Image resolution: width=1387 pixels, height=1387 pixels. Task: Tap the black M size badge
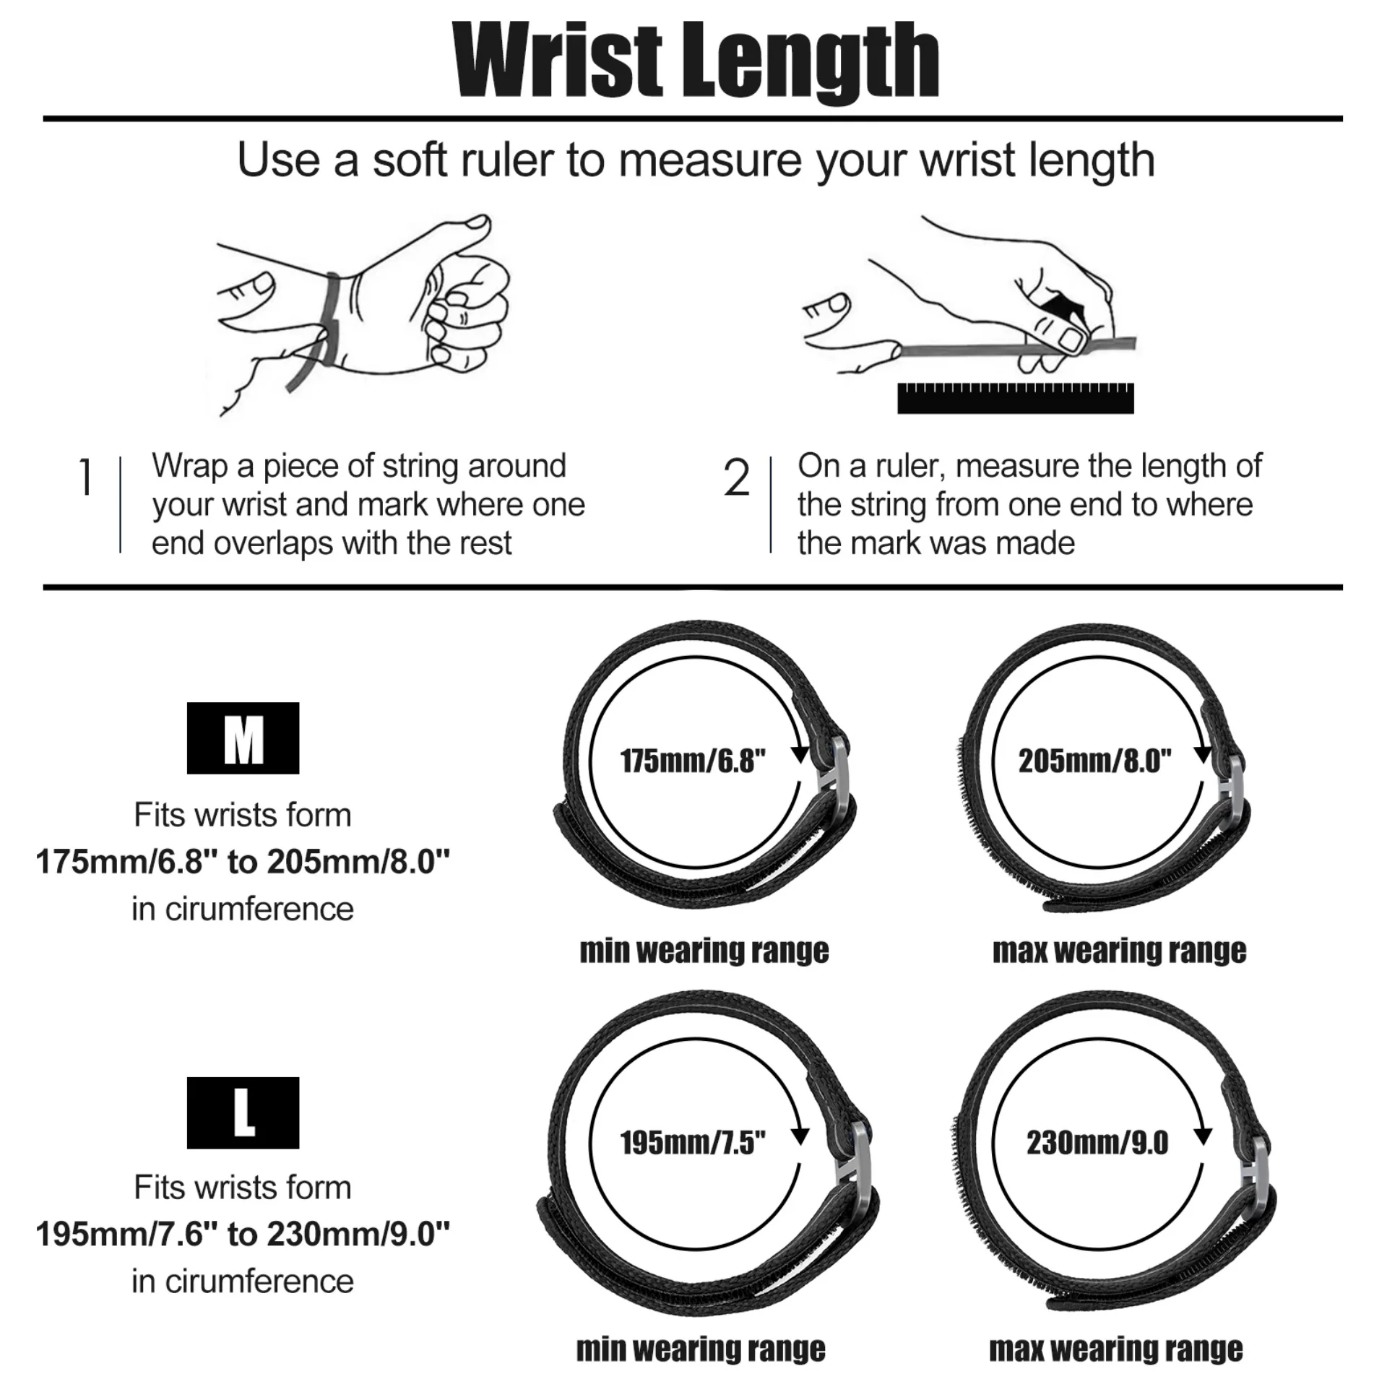pyautogui.click(x=243, y=738)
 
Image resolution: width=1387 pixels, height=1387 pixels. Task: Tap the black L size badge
pyautogui.click(x=243, y=1112)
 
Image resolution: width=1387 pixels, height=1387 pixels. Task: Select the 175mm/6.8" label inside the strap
pyautogui.click(x=693, y=761)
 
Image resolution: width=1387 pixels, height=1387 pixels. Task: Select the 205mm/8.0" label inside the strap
pyautogui.click(x=1095, y=761)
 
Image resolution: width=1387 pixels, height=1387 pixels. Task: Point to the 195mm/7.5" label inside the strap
pyautogui.click(x=693, y=1142)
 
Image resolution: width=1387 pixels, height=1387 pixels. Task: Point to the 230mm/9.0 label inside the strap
pyautogui.click(x=1097, y=1142)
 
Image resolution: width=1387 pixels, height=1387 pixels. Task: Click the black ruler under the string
pyautogui.click(x=1015, y=399)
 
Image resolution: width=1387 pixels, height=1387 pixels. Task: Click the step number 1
pyautogui.click(x=86, y=478)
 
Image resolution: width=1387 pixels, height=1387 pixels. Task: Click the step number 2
pyautogui.click(x=736, y=478)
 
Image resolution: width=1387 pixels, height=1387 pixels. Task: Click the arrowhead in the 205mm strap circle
pyautogui.click(x=1202, y=753)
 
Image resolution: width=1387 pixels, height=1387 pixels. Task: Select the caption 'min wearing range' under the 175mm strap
pyautogui.click(x=704, y=951)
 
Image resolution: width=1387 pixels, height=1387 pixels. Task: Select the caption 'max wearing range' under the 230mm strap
pyautogui.click(x=1116, y=1349)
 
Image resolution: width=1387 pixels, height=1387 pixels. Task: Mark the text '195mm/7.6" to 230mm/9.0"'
pyautogui.click(x=243, y=1234)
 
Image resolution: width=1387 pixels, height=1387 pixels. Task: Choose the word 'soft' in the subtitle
pyautogui.click(x=409, y=160)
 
